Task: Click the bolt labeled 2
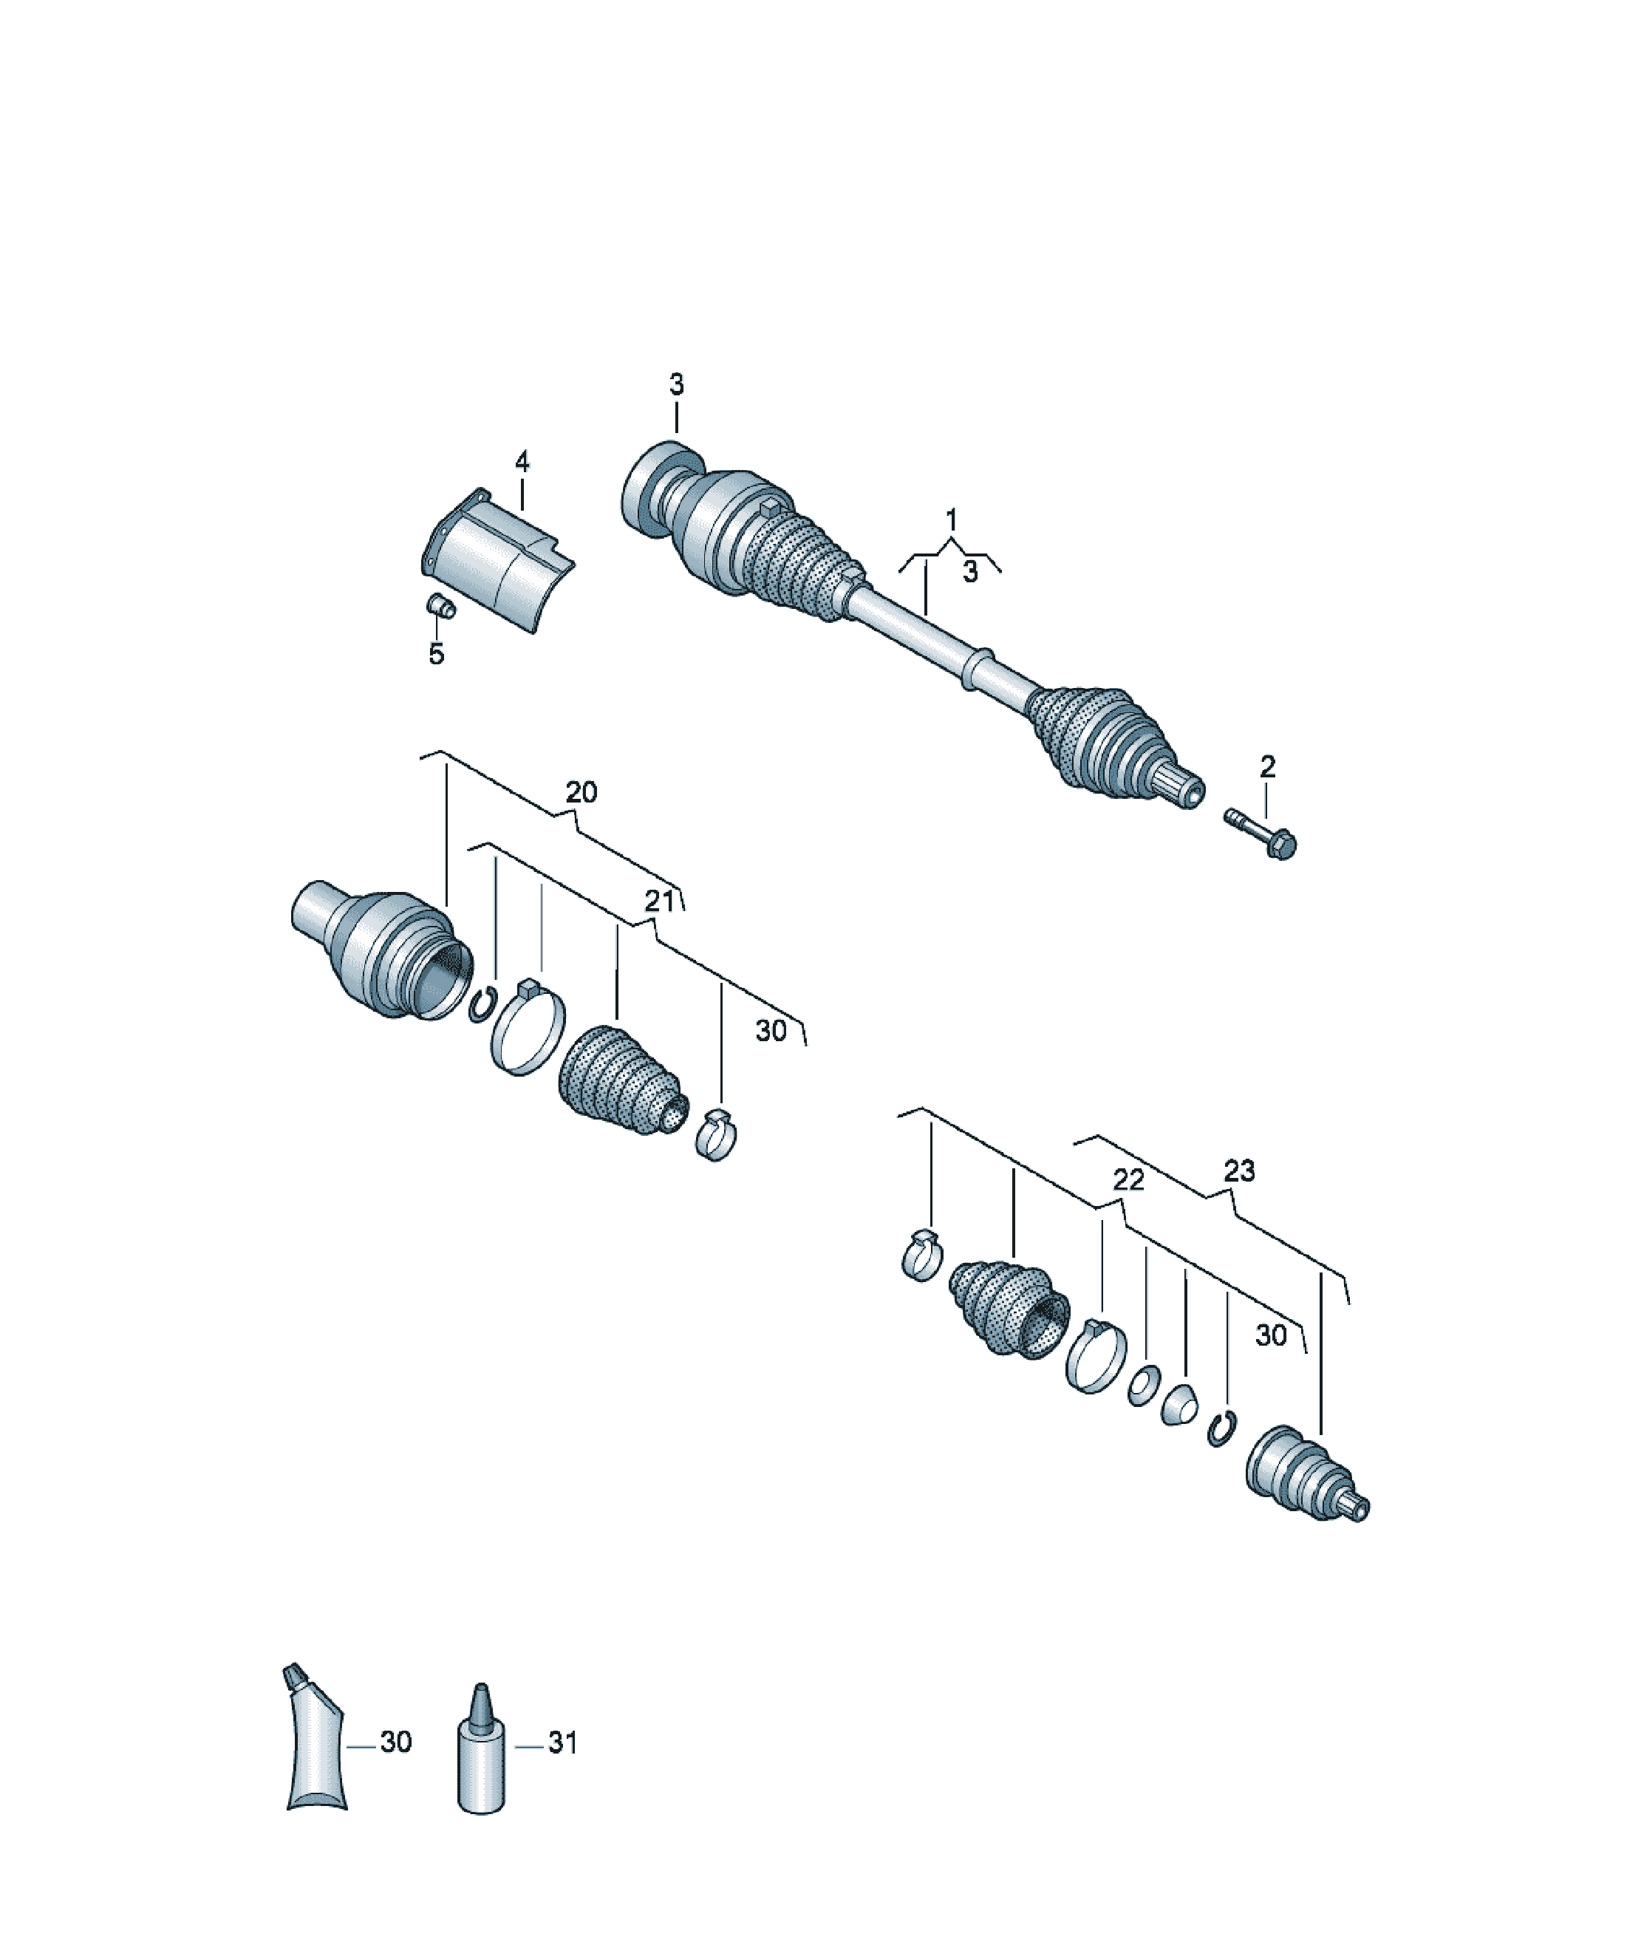click(x=1261, y=834)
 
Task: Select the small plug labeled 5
click(x=440, y=605)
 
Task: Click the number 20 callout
click(x=581, y=792)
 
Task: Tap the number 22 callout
click(x=1128, y=1181)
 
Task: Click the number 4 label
click(x=522, y=461)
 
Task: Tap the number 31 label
click(x=562, y=1742)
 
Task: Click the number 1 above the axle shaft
click(x=951, y=519)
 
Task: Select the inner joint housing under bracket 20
click(x=383, y=950)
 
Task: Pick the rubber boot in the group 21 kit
click(x=621, y=1080)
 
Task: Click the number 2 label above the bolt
click(x=1267, y=767)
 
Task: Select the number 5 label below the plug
click(x=436, y=655)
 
